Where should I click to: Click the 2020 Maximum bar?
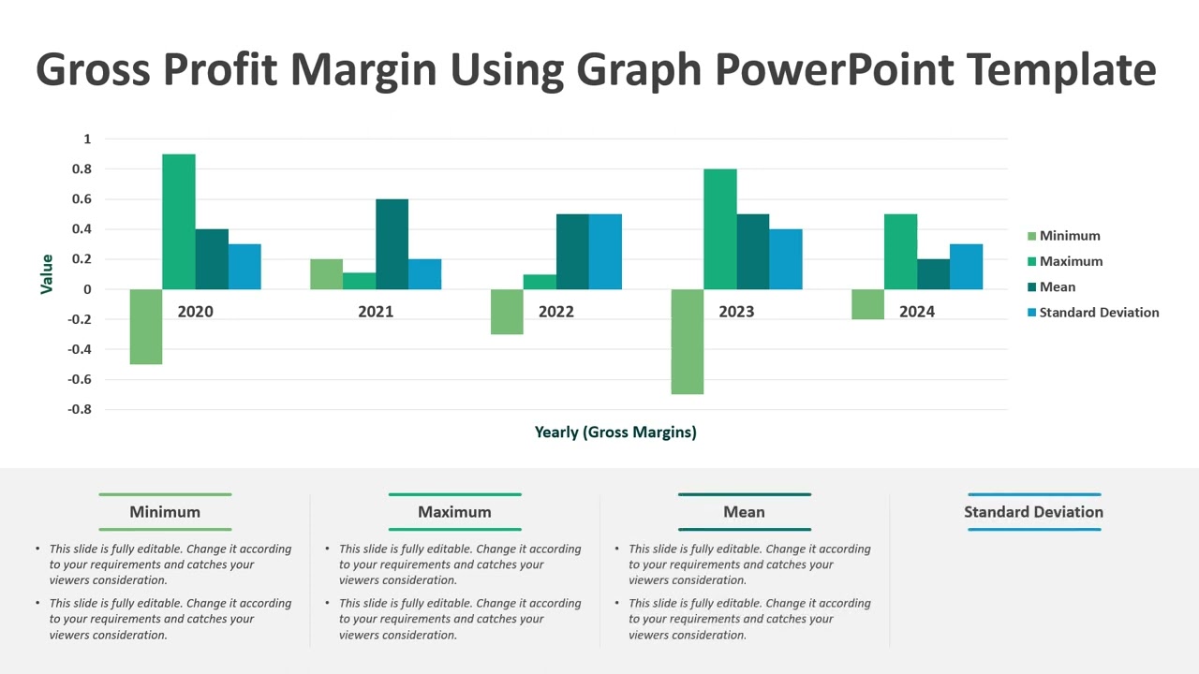(179, 222)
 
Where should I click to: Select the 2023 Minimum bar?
(688, 342)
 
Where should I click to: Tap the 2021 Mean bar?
(392, 244)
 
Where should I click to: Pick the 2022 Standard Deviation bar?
(605, 252)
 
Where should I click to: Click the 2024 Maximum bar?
(900, 252)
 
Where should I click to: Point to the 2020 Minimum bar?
(146, 327)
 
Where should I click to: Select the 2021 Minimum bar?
(326, 274)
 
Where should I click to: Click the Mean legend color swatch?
(1032, 287)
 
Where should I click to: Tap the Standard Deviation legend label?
(1099, 313)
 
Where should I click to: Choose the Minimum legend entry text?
(1070, 236)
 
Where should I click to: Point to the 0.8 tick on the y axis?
(81, 169)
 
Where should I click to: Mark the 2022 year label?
(555, 312)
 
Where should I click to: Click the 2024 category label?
(916, 312)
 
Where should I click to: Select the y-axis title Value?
(47, 274)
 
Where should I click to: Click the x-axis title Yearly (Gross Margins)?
(615, 432)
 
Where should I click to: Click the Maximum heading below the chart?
(454, 512)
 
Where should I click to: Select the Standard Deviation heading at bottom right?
(1033, 512)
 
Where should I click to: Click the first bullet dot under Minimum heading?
(37, 549)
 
